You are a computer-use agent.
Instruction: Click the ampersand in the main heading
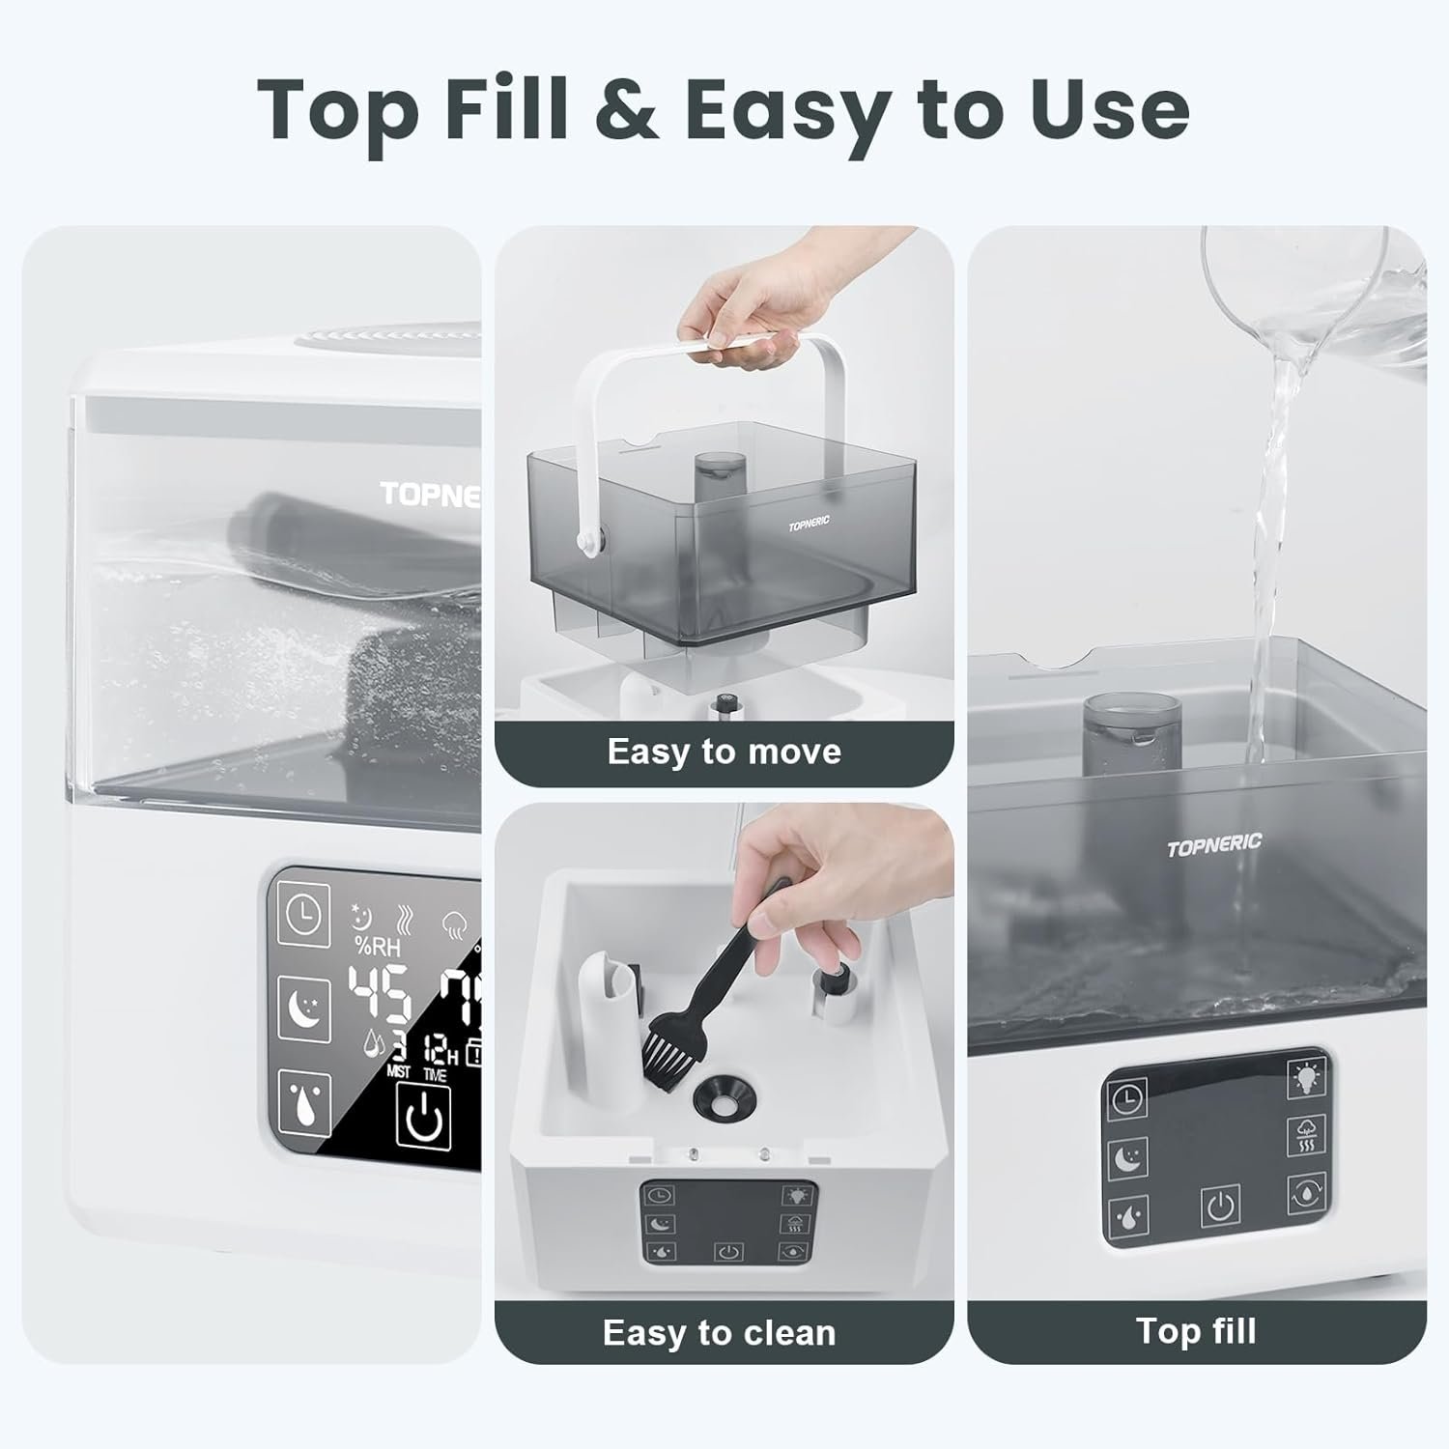pyautogui.click(x=625, y=108)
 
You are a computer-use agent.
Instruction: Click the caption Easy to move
pyautogui.click(x=724, y=752)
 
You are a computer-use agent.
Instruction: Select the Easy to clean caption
pyautogui.click(x=719, y=1332)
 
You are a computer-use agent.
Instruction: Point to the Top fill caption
pyautogui.click(x=1196, y=1331)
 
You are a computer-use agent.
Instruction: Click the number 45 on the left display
pyautogui.click(x=379, y=994)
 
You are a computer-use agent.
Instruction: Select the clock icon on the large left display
pyautogui.click(x=303, y=915)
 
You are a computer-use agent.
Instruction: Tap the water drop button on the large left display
pyautogui.click(x=303, y=1102)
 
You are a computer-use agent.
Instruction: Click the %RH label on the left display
pyautogui.click(x=377, y=945)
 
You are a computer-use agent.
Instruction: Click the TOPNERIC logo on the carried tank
pyautogui.click(x=809, y=525)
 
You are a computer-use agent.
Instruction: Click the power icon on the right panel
pyautogui.click(x=1220, y=1207)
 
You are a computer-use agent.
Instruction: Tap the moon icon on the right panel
pyautogui.click(x=1127, y=1157)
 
